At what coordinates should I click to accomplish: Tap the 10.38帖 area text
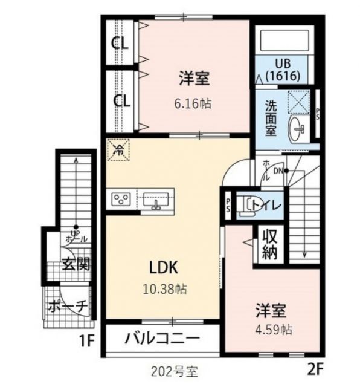pos(164,289)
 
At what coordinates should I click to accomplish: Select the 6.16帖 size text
pos(193,103)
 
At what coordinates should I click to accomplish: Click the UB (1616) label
pos(283,69)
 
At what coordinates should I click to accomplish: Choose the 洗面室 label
pos(271,117)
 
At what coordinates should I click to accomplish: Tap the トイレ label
pos(266,206)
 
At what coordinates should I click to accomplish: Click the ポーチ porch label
pos(68,305)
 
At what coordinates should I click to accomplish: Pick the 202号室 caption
pos(175,369)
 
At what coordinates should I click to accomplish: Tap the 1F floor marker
pos(87,341)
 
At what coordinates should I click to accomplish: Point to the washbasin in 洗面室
pos(298,128)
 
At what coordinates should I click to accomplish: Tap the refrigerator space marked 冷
pos(119,149)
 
